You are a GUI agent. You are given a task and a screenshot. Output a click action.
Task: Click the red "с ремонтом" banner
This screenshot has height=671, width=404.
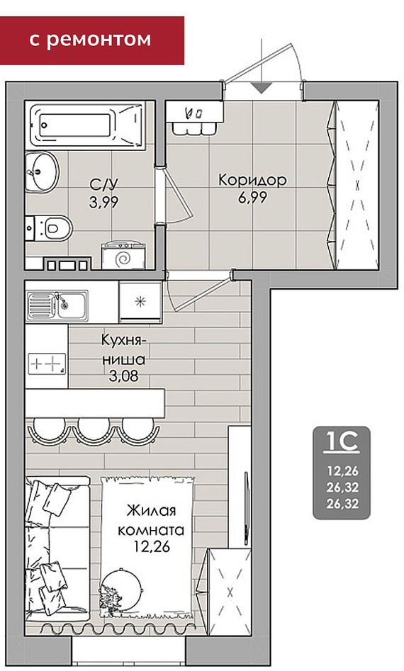[x=91, y=40]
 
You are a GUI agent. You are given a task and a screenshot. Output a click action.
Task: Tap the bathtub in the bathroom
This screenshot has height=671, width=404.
[x=86, y=125]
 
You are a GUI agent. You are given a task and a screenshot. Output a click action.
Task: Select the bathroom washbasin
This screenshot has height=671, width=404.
[x=41, y=171]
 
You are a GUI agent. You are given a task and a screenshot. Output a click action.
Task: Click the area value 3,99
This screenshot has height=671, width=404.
[x=103, y=201]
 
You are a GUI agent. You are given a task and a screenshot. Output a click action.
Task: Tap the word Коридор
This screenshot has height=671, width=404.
[x=252, y=180]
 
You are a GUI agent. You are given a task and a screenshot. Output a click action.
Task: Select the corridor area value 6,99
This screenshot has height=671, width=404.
[x=252, y=197]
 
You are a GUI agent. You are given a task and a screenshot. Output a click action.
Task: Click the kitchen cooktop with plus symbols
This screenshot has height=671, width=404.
[x=47, y=364]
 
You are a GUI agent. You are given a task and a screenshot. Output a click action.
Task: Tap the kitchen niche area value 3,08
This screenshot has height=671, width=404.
[x=123, y=376]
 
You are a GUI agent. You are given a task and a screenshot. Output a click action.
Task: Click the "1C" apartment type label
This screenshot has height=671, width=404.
[x=342, y=442]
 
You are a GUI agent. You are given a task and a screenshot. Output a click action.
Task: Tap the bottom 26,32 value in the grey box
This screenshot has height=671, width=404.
[x=342, y=504]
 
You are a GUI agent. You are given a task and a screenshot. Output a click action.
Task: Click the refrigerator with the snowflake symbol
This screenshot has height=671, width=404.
[x=140, y=302]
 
